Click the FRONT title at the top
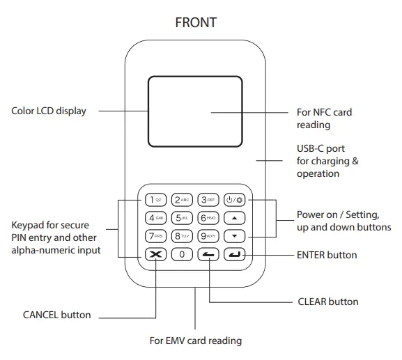point(196,23)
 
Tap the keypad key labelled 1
point(155,200)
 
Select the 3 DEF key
point(208,200)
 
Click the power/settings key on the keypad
point(235,200)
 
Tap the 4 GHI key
point(155,218)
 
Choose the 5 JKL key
point(182,218)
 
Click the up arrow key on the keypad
point(235,218)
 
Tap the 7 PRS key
point(155,236)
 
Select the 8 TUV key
point(182,236)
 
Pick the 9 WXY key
point(208,236)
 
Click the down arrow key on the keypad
point(235,236)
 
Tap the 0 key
point(182,254)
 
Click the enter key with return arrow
point(235,254)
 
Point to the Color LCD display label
point(49,110)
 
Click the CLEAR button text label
point(327,302)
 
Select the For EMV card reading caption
point(196,341)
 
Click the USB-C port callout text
point(320,161)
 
